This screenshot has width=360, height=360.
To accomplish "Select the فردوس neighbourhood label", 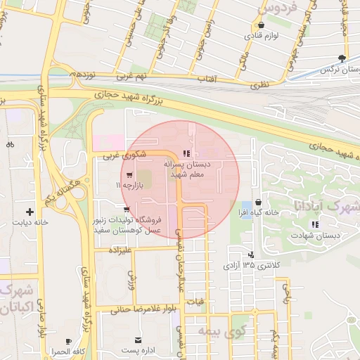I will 278,8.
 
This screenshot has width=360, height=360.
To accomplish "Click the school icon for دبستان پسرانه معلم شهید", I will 186,153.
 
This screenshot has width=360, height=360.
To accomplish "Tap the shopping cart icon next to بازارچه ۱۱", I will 130,174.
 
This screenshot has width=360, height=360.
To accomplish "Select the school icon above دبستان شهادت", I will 315,224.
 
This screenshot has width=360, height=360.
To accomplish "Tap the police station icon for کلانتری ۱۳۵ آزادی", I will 251,255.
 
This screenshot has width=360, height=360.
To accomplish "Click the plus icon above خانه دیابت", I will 30,211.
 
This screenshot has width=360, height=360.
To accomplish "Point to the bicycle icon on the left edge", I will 10,145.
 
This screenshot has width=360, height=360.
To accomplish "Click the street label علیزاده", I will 116,249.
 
